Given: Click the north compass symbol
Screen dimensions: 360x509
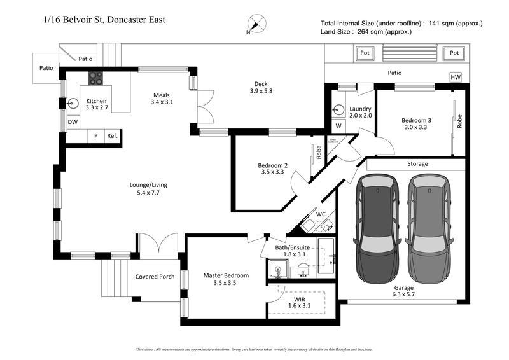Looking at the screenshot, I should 256,24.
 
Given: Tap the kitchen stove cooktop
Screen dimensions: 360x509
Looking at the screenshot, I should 95,78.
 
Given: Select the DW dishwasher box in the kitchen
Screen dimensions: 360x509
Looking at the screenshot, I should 73,122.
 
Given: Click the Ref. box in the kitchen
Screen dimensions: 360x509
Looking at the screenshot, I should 112,136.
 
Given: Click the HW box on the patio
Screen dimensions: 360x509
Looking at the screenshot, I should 455,77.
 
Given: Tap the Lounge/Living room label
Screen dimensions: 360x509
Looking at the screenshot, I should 148,189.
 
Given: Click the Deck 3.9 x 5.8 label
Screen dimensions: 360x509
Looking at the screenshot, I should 260,87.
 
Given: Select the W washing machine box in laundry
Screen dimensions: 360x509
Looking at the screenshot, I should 338,125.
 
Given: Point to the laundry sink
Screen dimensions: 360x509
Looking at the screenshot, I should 338,109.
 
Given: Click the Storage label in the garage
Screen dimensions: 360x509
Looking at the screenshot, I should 417,163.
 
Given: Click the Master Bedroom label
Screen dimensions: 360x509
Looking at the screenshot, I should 226,279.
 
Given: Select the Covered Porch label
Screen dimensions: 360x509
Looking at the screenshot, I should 155,277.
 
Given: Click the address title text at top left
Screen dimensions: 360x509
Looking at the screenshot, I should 102,20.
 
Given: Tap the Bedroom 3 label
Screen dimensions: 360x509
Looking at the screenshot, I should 416,123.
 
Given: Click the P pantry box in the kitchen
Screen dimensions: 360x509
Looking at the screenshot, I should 95,136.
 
